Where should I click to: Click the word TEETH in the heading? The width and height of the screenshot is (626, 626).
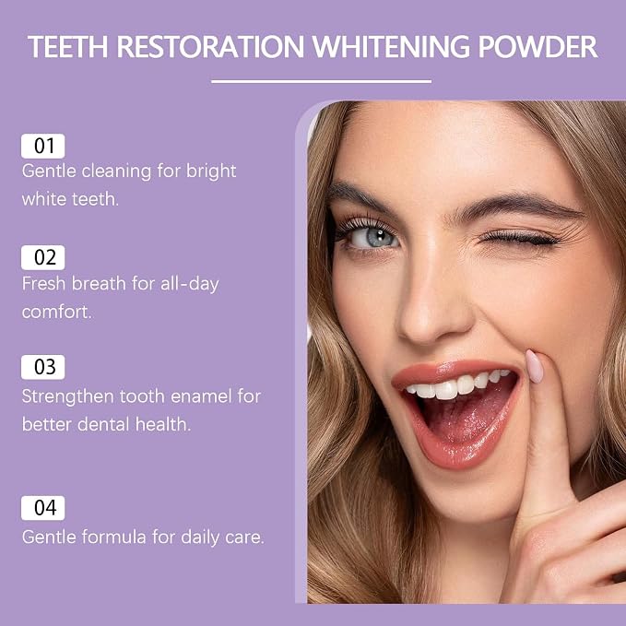pos(68,47)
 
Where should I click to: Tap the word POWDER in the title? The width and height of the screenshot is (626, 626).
pos(537,47)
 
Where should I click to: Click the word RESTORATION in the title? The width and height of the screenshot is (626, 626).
pos(211,47)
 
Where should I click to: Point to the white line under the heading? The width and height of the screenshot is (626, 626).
pos(322,81)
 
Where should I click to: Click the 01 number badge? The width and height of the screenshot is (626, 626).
pos(43,146)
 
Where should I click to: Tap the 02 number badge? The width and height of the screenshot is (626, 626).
pos(43,257)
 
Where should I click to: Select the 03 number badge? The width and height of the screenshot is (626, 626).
pos(43,367)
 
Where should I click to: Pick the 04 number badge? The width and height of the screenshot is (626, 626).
pos(43,508)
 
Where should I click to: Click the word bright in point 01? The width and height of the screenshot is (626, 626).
pos(211,171)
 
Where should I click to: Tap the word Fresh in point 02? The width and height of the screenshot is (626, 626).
pos(44,284)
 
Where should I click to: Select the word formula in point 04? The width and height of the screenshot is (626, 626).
pos(113,537)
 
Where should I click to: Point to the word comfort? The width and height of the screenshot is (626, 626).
pos(56,313)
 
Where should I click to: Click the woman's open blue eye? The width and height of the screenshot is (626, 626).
pos(373,238)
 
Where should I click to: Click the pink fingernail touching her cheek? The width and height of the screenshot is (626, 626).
pos(534,366)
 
